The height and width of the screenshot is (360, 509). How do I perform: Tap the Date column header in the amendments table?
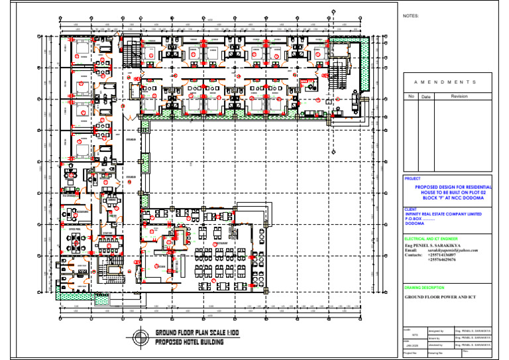click(426, 97)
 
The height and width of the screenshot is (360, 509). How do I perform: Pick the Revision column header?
click(459, 97)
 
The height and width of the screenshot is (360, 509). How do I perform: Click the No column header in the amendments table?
click(410, 97)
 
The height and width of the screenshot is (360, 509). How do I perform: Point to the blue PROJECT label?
click(412, 179)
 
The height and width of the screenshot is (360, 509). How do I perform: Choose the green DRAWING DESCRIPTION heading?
click(424, 288)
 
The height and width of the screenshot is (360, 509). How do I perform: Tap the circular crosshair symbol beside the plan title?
click(141, 336)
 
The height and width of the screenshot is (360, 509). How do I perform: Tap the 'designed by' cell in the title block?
click(436, 330)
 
